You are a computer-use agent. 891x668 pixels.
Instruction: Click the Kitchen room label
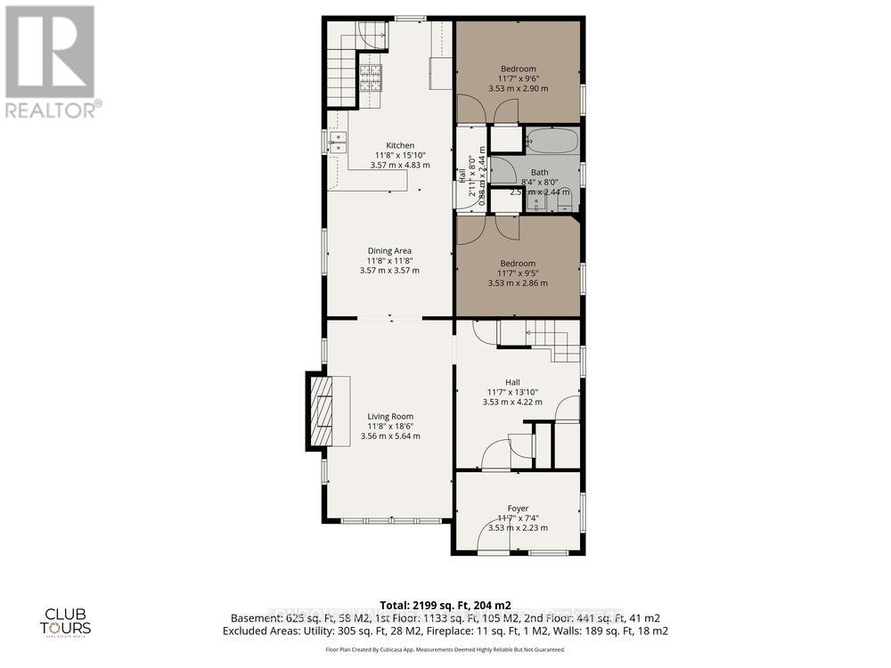point(399,145)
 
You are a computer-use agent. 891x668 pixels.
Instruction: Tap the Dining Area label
point(389,250)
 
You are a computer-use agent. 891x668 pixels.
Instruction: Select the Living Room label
point(390,416)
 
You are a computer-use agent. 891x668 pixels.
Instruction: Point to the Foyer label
point(518,509)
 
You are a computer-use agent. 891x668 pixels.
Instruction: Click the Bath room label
point(540,172)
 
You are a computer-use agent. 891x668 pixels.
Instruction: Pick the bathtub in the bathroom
point(552,141)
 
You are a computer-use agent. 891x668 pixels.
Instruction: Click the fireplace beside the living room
point(322,411)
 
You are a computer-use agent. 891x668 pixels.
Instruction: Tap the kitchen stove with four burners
point(370,78)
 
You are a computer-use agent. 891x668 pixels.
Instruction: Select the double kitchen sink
point(338,143)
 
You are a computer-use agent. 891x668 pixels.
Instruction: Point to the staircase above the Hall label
point(538,338)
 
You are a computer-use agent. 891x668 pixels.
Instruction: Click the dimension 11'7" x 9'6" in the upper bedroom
point(518,78)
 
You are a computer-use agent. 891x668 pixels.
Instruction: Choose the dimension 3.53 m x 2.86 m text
point(518,283)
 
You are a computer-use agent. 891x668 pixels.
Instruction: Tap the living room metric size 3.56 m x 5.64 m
point(390,436)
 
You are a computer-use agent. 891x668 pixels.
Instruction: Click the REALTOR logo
point(51,62)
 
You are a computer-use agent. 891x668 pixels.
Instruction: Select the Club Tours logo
point(69,619)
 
